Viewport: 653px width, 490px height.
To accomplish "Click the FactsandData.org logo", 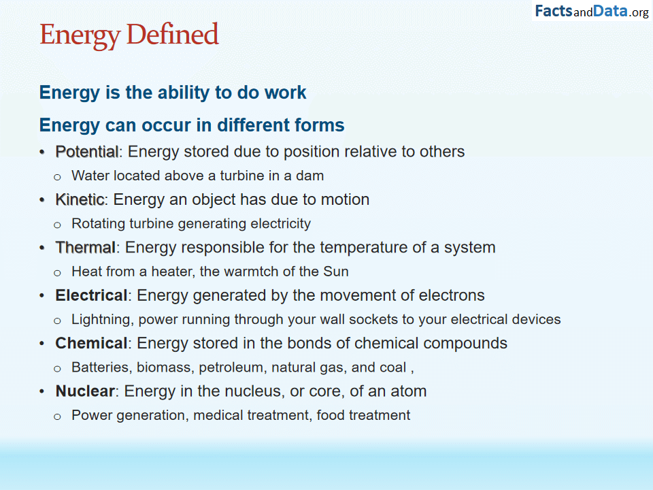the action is point(591,12).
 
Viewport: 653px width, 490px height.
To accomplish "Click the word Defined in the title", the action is point(172,34).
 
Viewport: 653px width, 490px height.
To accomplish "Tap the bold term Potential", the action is point(87,152).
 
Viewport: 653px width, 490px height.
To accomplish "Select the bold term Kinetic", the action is point(80,199).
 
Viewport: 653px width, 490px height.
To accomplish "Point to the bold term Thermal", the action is point(86,248).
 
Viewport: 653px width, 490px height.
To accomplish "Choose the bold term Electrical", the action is point(91,295).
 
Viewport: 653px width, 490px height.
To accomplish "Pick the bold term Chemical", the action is point(91,343).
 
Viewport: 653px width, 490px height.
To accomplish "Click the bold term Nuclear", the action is point(85,391).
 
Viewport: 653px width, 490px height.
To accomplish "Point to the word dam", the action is point(310,176).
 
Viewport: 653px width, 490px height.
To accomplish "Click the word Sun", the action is point(335,272).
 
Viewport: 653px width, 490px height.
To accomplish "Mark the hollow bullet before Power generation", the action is point(57,416).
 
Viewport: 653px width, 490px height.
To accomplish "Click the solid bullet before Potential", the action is point(41,152).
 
